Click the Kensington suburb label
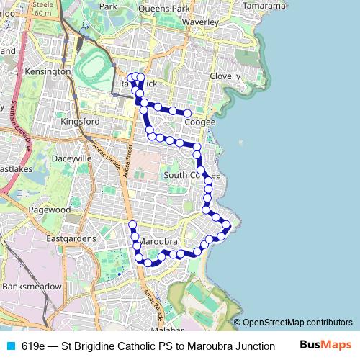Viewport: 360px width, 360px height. pos(48,72)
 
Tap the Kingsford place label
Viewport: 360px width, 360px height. pos(80,122)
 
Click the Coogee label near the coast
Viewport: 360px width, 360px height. pos(199,122)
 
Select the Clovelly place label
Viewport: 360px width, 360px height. pos(225,76)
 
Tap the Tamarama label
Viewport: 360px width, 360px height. pos(264,5)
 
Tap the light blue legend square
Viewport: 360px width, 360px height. pos(9,346)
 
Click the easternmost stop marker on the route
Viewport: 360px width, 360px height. pos(227,225)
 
